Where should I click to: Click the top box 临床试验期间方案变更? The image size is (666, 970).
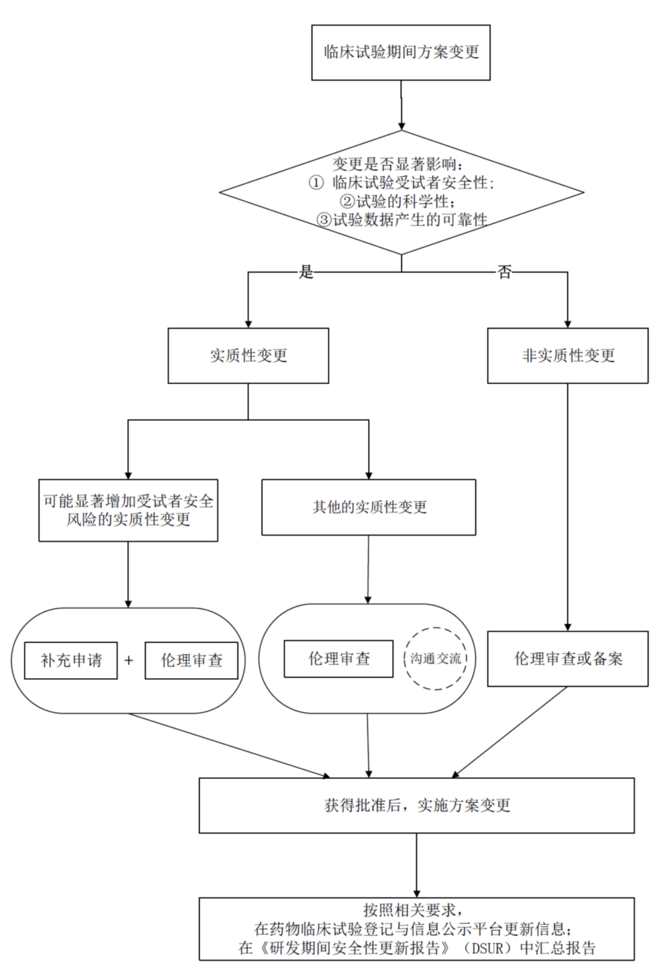point(401,52)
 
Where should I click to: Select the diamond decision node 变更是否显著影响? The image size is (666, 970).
point(401,192)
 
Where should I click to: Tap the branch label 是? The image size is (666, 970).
point(306,272)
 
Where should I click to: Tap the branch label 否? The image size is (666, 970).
point(504,272)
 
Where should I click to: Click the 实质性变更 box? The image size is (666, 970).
point(248,355)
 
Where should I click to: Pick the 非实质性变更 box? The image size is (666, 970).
point(567,355)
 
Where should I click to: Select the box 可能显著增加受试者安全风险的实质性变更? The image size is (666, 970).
point(128,510)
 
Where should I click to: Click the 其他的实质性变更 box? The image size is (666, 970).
point(369,507)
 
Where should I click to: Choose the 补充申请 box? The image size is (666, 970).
point(71,660)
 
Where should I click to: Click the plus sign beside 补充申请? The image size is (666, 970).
point(129,660)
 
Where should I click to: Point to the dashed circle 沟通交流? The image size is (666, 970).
point(436,658)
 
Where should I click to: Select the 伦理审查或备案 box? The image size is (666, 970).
point(567,658)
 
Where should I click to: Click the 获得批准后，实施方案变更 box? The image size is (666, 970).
point(417,805)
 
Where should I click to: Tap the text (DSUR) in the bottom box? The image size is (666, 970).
point(488,947)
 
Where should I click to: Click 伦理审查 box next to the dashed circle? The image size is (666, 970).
point(339,658)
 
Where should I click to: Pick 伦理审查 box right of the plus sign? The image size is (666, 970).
point(191,660)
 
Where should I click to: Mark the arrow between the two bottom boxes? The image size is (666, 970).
point(417,864)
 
